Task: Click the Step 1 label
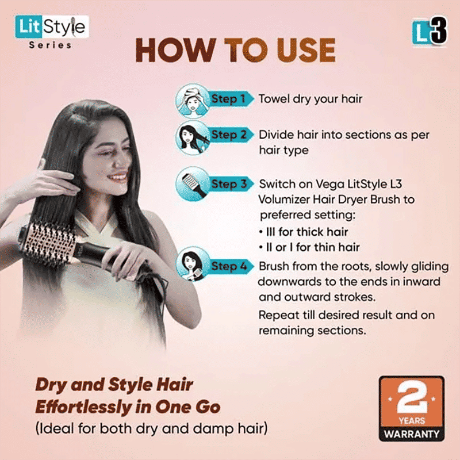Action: (x=228, y=99)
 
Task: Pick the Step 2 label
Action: (x=228, y=135)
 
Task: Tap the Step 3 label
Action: (x=228, y=185)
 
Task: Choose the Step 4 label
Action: (x=228, y=266)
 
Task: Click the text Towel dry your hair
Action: (x=310, y=99)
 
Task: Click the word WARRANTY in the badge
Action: (x=411, y=433)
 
